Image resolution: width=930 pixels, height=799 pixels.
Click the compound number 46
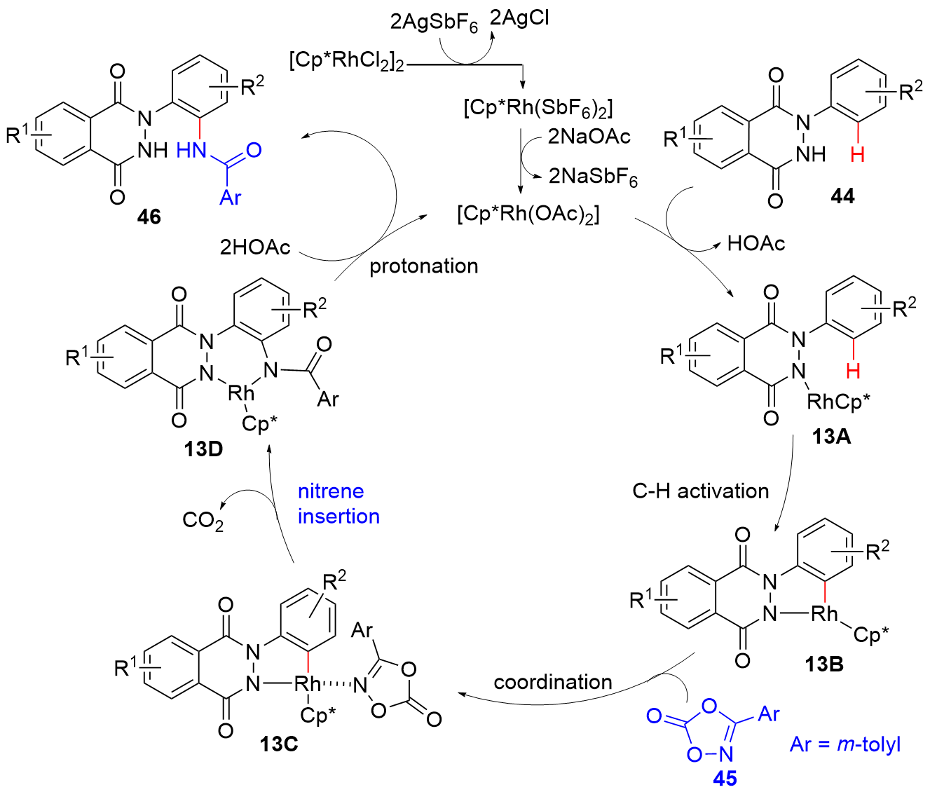[149, 217]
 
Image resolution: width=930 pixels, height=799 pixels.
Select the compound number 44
[842, 196]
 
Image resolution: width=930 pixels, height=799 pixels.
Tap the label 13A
[831, 437]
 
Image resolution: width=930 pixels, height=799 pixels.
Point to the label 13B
[824, 663]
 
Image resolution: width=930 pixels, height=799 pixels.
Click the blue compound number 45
[725, 778]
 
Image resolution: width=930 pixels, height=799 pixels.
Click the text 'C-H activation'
[700, 491]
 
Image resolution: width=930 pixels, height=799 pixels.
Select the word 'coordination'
[553, 682]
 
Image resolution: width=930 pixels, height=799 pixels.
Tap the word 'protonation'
[424, 266]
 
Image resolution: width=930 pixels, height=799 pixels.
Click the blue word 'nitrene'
[331, 491]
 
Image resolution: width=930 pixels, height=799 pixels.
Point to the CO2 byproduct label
[203, 520]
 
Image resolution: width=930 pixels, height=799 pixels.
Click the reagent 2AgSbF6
[434, 23]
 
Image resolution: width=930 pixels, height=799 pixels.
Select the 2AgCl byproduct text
[519, 18]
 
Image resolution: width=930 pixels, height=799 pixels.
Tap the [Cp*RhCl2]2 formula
[347, 61]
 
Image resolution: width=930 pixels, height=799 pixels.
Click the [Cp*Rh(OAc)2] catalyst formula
[528, 213]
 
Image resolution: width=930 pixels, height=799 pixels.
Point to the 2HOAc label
[255, 247]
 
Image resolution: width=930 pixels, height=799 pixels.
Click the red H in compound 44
[857, 154]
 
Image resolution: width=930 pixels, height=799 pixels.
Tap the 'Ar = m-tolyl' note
[844, 744]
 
